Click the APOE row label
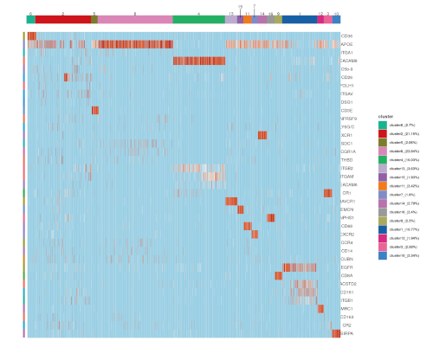tap(347, 44)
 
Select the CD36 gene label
tap(347, 35)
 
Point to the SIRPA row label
tap(347, 333)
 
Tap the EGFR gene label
tap(347, 267)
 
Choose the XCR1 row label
tap(347, 135)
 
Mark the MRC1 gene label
tap(347, 309)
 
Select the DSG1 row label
tap(347, 102)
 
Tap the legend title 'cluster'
tap(386, 115)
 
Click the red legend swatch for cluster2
tap(383, 134)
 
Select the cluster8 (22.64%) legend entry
tap(402, 151)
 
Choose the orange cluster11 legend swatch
tap(383, 184)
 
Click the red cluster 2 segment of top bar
tap(62, 19)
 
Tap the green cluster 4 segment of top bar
tap(198, 19)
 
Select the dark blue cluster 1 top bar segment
tap(299, 19)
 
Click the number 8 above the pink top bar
tap(135, 14)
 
